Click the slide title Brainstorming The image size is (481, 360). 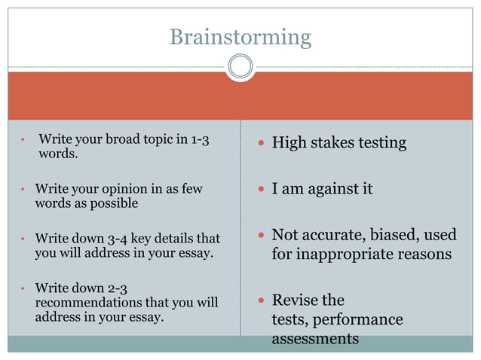pos(240,36)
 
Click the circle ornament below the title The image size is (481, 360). pos(240,67)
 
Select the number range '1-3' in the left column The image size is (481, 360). pos(200,139)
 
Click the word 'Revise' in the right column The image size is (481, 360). pos(295,301)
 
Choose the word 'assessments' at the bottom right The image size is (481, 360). pos(315,339)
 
